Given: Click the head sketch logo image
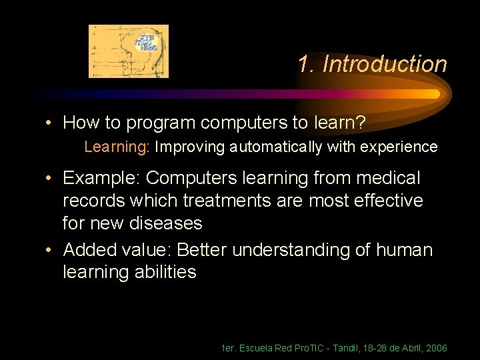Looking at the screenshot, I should [x=129, y=51].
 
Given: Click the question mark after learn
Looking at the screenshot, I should [x=360, y=123].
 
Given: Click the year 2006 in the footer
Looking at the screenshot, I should [x=436, y=349].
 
